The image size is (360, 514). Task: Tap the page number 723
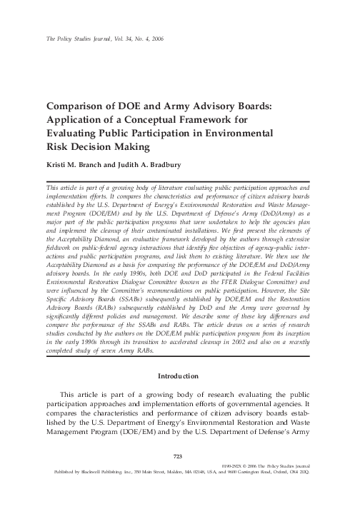179,474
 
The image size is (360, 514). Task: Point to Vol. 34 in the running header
113,39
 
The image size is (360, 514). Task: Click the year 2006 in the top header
156,39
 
